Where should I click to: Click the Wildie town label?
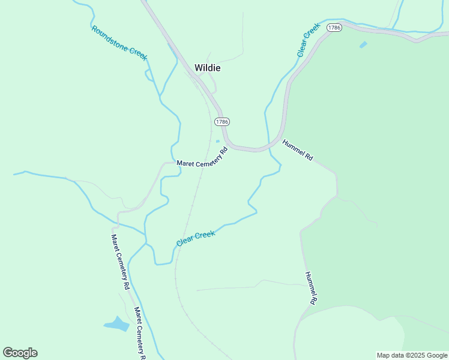[x=207, y=68]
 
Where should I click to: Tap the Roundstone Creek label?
[x=119, y=43]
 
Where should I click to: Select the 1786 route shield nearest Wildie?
[x=221, y=121]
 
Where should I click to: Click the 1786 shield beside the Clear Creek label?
[x=334, y=28]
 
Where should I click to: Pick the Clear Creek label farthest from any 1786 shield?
[x=196, y=238]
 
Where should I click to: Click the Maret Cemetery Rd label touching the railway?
[x=203, y=158]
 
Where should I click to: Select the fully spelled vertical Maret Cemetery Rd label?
[x=120, y=262]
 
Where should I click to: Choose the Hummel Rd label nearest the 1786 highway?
[x=298, y=149]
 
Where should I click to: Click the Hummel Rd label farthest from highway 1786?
[x=310, y=289]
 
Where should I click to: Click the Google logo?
[x=20, y=353]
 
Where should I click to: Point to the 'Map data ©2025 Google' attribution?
[x=412, y=355]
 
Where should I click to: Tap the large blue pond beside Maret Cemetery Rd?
[x=117, y=325]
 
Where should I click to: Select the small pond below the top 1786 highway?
[x=363, y=44]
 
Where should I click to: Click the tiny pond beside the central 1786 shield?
[x=217, y=142]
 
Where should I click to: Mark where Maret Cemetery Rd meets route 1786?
[x=227, y=146]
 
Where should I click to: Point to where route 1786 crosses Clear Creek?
[x=267, y=148]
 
